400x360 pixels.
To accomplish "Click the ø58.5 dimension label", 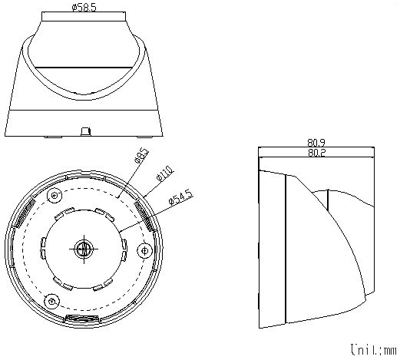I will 83,8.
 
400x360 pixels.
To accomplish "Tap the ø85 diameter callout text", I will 141,157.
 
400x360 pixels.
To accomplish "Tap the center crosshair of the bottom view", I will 84,248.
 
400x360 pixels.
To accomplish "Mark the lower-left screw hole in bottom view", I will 52,299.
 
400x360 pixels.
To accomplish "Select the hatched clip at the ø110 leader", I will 144,211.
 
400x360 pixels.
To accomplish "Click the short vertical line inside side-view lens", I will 328,199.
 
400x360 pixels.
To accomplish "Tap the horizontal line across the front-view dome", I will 84,67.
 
